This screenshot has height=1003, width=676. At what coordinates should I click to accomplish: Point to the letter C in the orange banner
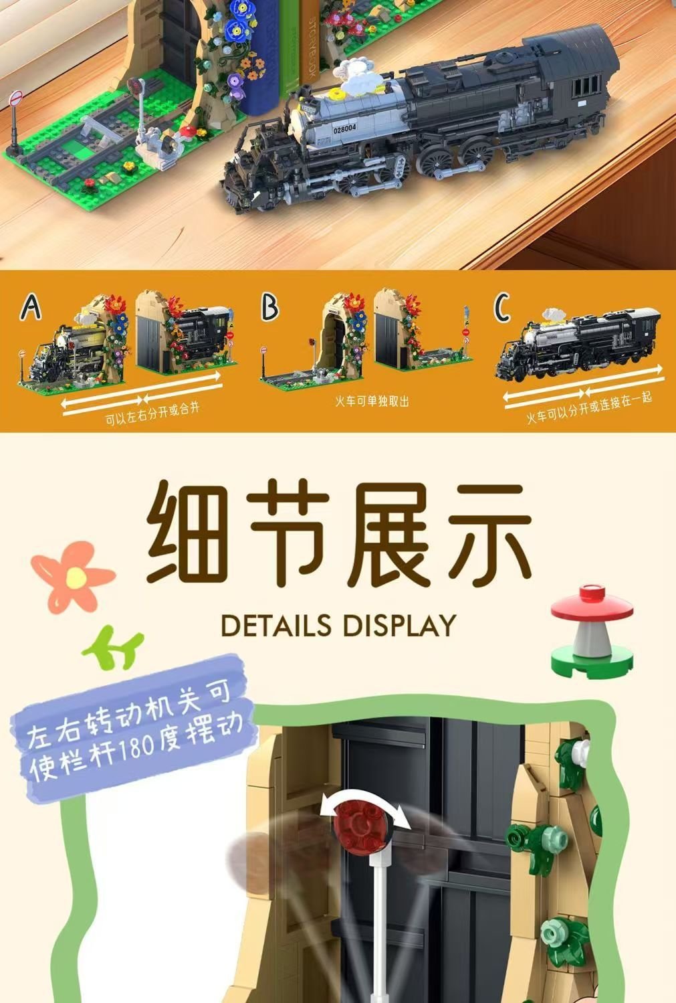pos(501,307)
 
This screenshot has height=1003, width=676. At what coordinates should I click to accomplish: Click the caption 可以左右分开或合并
pos(152,414)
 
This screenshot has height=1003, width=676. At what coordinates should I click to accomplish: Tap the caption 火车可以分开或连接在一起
pos(589,407)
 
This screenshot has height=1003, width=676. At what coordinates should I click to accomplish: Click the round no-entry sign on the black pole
pos(16,98)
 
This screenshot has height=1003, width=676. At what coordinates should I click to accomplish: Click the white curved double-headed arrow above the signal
pos(365,798)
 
